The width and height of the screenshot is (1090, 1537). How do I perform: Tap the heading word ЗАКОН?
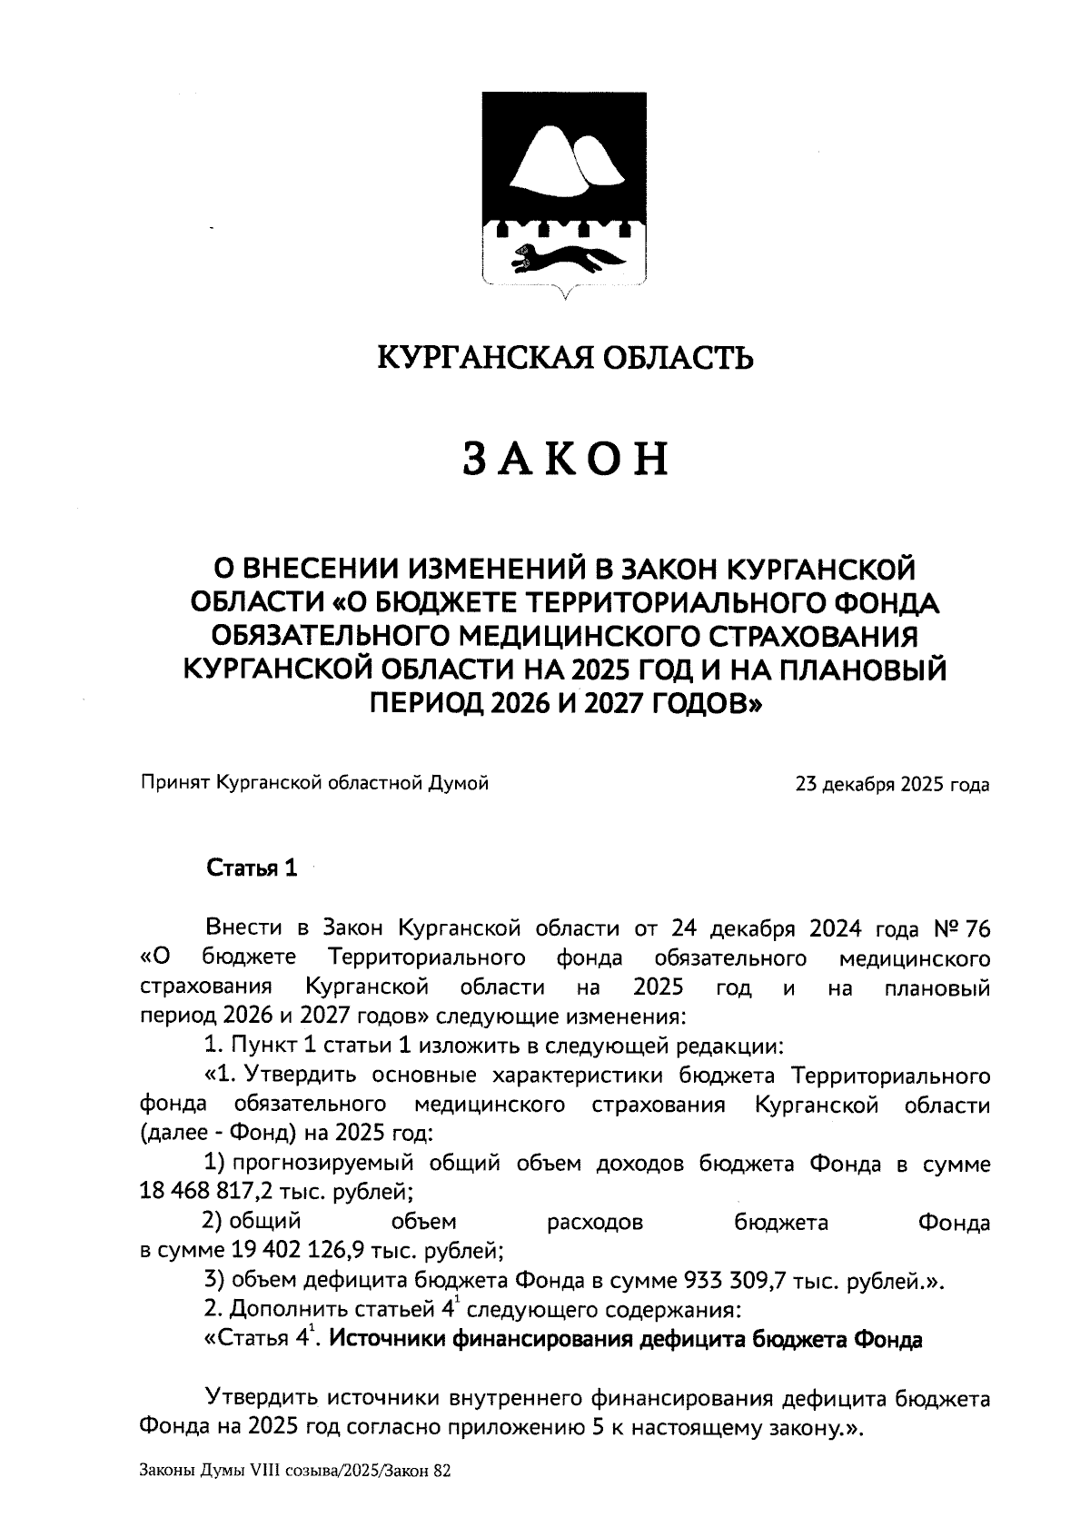(x=567, y=459)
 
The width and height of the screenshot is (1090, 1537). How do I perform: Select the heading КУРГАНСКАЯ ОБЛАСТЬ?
(x=565, y=358)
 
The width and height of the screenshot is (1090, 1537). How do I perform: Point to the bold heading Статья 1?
(x=252, y=868)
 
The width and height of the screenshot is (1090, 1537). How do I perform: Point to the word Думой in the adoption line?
(x=459, y=782)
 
